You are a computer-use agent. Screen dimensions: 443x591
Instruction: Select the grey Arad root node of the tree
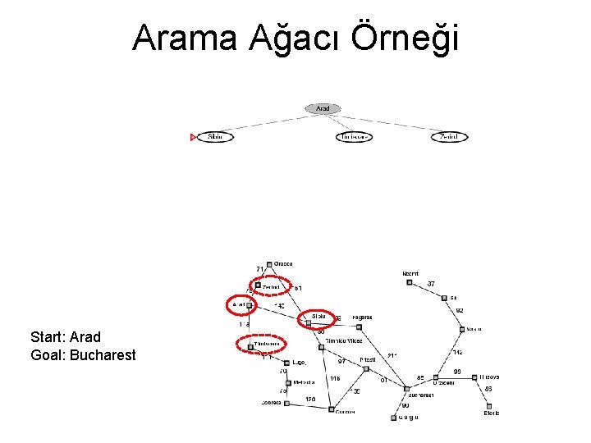click(323, 108)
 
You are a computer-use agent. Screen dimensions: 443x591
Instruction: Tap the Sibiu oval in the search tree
click(215, 137)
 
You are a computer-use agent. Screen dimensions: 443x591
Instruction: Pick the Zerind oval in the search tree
click(449, 137)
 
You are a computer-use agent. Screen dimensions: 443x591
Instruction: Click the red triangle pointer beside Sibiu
click(193, 137)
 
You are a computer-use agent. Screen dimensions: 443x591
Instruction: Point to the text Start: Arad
click(66, 337)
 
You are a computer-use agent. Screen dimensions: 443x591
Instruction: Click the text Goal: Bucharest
click(83, 355)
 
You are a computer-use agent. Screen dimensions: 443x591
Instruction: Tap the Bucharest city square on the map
click(406, 388)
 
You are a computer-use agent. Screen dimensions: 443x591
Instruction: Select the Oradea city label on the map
click(283, 264)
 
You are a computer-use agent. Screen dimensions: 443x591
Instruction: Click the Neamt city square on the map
click(409, 282)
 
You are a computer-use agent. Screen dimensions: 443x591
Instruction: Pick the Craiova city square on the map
click(331, 409)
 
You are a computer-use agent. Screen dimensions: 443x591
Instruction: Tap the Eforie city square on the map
click(489, 405)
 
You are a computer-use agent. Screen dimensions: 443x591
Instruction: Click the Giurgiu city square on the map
click(392, 417)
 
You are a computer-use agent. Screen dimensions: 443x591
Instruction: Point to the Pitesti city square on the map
click(366, 368)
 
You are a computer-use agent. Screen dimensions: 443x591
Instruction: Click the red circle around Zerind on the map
click(271, 285)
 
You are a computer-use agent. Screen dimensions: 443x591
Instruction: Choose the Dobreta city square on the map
click(287, 403)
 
